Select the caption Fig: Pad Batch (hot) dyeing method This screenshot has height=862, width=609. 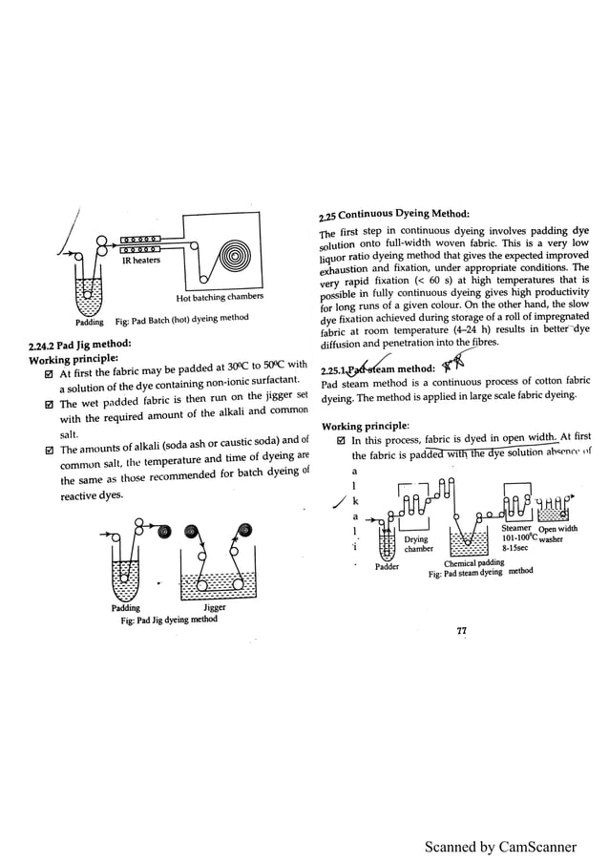181,318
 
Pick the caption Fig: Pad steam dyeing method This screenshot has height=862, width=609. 480,574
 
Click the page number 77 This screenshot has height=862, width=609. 461,631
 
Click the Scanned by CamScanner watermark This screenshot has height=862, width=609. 501,846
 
